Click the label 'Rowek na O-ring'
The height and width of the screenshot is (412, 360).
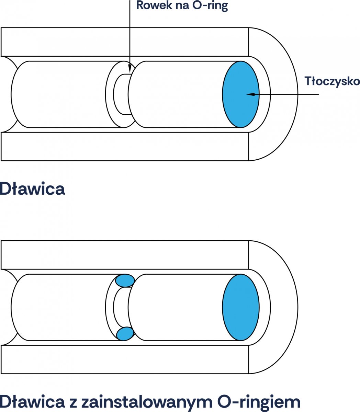tap(182, 6)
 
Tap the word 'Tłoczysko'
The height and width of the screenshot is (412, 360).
tap(332, 81)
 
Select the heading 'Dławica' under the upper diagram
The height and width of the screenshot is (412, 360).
tap(32, 188)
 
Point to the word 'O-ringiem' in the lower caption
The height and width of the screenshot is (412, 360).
tap(259, 401)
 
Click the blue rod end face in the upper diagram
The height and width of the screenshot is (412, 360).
tap(241, 94)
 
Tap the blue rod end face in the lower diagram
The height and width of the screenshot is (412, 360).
tap(241, 307)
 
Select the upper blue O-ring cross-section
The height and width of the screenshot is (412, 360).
tap(124, 281)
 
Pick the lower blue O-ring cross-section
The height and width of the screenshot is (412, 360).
tap(125, 333)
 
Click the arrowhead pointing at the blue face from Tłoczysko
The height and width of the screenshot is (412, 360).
tap(251, 94)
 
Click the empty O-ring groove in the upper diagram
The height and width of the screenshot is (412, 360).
tap(121, 94)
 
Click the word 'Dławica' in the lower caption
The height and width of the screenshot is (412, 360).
tap(32, 401)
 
